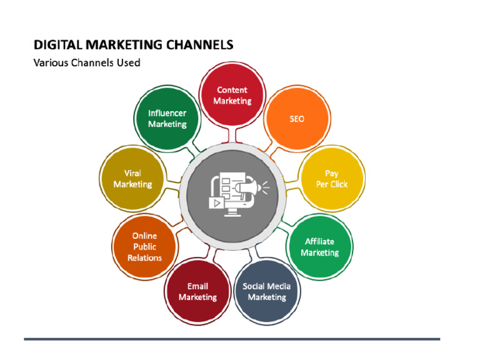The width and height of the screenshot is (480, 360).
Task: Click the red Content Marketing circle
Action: click(232, 95)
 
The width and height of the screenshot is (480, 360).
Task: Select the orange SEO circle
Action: click(296, 119)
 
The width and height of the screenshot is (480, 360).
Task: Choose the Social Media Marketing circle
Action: click(266, 291)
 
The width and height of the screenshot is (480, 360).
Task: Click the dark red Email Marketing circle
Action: click(197, 291)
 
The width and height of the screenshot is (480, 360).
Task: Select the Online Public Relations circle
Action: click(144, 247)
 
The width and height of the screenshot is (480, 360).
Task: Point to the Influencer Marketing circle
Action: click(167, 119)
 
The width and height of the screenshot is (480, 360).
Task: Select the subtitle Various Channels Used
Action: click(86, 62)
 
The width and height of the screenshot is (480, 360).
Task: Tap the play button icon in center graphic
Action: click(216, 202)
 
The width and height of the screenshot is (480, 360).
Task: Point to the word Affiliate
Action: click(319, 241)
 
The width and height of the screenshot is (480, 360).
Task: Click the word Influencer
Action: click(167, 113)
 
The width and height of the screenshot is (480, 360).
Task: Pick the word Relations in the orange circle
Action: click(144, 257)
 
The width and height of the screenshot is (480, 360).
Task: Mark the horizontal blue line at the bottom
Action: click(232, 339)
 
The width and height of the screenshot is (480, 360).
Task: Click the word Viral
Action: click(132, 173)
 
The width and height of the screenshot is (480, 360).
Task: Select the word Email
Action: click(197, 286)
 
